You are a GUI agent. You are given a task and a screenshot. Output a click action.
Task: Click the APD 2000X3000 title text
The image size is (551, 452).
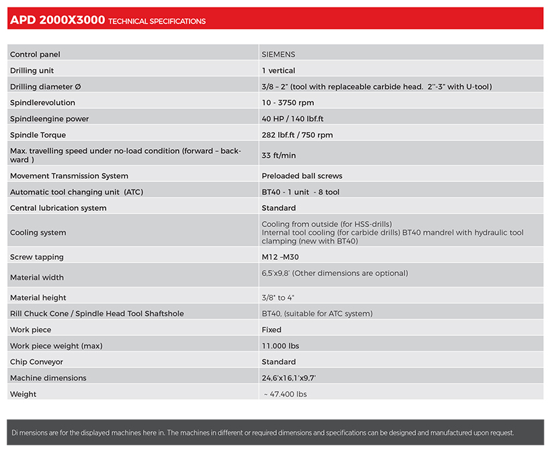(57, 20)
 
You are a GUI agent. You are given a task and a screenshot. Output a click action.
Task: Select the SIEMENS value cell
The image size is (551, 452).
(278, 54)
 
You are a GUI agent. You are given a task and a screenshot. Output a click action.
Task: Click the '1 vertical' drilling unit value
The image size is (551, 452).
(278, 71)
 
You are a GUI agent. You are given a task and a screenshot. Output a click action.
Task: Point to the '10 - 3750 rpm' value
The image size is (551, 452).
(288, 103)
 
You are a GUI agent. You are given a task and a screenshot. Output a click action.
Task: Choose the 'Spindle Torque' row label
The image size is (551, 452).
(38, 135)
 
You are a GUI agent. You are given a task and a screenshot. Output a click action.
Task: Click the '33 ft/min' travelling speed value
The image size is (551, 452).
(278, 155)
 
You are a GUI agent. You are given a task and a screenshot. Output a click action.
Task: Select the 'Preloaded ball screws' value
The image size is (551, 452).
(302, 176)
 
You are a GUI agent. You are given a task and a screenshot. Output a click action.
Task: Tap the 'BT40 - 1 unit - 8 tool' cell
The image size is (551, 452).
(300, 192)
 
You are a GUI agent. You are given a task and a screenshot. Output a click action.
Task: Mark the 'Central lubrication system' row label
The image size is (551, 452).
(58, 208)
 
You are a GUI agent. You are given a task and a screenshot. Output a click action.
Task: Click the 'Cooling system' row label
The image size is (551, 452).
(38, 233)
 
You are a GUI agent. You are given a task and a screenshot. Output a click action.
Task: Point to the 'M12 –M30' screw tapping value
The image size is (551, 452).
(280, 257)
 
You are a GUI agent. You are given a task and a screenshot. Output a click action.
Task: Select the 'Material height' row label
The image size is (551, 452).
(38, 298)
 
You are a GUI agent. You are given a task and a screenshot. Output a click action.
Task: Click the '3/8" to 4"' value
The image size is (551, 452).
(278, 298)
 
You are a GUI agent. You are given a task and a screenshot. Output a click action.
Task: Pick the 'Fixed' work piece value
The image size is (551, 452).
(271, 330)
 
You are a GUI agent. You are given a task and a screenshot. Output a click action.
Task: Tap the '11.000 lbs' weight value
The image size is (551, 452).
(280, 346)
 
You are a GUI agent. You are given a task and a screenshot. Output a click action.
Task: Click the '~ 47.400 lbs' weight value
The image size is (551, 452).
(285, 394)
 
